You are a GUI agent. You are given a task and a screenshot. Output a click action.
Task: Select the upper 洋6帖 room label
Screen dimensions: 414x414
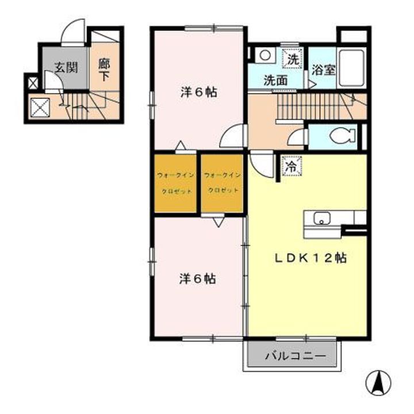(x=198, y=92)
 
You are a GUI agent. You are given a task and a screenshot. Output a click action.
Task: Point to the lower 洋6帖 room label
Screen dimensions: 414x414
(x=197, y=279)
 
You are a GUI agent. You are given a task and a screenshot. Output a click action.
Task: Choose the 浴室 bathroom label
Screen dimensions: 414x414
(x=324, y=68)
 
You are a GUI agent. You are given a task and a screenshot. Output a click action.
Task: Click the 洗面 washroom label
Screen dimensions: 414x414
(x=275, y=80)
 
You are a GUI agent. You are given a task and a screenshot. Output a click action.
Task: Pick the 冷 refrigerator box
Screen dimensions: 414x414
(x=291, y=167)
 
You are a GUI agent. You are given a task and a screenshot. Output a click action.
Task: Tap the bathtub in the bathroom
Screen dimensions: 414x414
(x=351, y=67)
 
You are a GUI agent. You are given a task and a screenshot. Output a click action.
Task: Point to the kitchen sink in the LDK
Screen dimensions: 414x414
(x=321, y=218)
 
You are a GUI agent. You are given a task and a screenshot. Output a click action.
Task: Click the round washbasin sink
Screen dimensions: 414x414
(x=265, y=55)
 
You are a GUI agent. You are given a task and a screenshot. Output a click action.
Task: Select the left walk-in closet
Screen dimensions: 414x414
(x=175, y=182)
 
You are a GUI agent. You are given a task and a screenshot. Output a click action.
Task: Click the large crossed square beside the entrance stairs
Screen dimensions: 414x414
(x=40, y=107)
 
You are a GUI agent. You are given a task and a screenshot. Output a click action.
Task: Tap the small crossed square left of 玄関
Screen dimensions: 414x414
(x=32, y=83)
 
